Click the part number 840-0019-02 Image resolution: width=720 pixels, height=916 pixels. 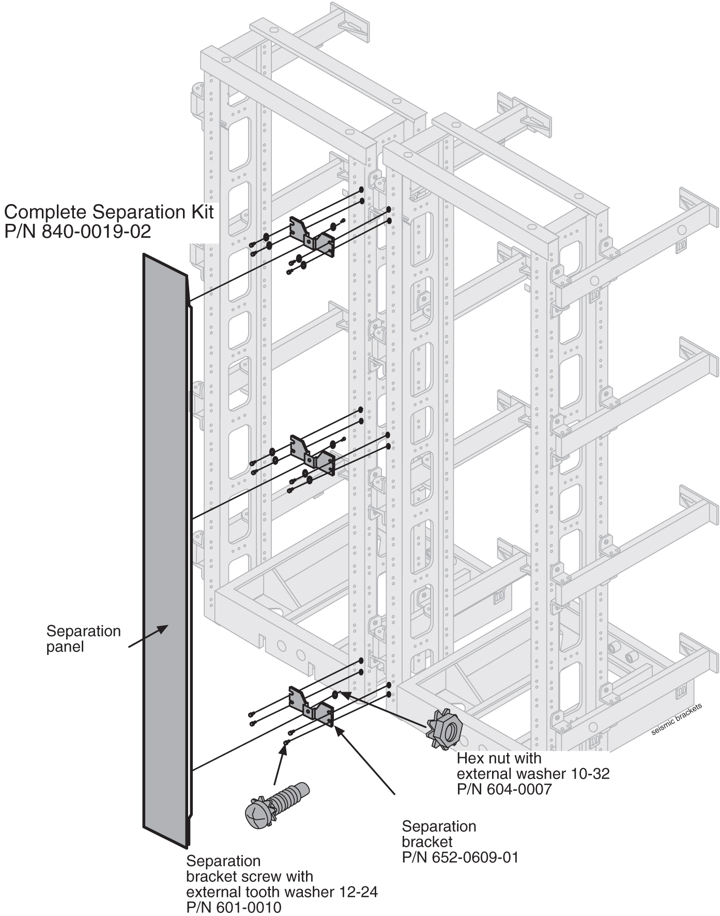coord(96,231)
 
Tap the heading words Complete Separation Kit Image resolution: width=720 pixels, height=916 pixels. coord(109,212)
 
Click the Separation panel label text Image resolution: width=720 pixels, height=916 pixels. coord(83,638)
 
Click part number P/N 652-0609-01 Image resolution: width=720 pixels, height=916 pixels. coord(460,857)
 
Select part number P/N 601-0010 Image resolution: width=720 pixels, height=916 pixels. coord(234,907)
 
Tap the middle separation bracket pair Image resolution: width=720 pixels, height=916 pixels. coord(312,453)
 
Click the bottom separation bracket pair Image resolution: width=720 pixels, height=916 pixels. coord(311,705)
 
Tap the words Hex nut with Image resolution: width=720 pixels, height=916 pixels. coord(499,758)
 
